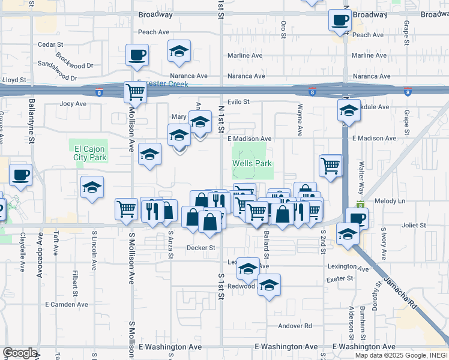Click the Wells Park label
point(252,163)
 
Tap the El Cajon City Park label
point(90,153)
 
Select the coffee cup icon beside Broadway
point(340,20)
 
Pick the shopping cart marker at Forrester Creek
point(135,92)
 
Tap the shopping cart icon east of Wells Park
point(331,165)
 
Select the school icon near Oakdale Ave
point(349,110)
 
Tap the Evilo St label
point(238,102)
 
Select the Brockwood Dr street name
point(74,61)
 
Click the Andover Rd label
point(295,326)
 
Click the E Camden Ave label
point(67,304)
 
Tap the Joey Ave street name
point(73,103)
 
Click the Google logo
point(20,353)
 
